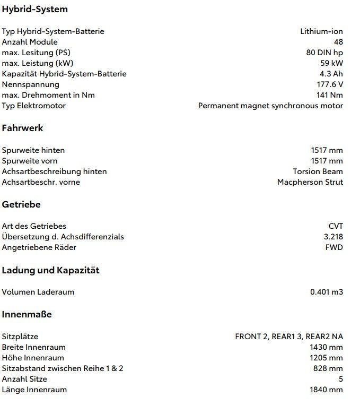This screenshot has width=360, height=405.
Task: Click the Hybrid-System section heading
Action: pyautogui.click(x=34, y=9)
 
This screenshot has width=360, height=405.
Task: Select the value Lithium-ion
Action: pyautogui.click(x=321, y=31)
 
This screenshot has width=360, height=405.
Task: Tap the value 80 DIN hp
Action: pyautogui.click(x=321, y=53)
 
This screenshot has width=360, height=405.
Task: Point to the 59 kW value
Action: pyautogui.click(x=331, y=63)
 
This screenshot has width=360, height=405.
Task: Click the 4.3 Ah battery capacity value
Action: pyautogui.click(x=331, y=74)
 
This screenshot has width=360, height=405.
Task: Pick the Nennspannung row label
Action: pyautogui.click(x=30, y=84)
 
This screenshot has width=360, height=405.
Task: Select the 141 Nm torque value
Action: pyautogui.click(x=329, y=95)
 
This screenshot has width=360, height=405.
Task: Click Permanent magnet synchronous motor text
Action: pyautogui.click(x=270, y=106)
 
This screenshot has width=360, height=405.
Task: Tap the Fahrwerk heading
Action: pyautogui.click(x=22, y=128)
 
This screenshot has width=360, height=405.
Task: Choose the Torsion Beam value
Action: pyautogui.click(x=318, y=171)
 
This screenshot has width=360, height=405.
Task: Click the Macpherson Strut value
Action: pyautogui.click(x=310, y=182)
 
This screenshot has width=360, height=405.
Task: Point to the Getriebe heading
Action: pyautogui.click(x=21, y=204)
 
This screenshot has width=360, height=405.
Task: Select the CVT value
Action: pyautogui.click(x=335, y=226)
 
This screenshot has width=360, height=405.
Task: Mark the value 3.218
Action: pyautogui.click(x=333, y=237)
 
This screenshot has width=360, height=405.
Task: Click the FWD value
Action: pyautogui.click(x=334, y=247)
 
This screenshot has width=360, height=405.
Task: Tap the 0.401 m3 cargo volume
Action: pyautogui.click(x=326, y=292)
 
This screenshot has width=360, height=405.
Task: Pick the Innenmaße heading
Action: pyautogui.click(x=27, y=314)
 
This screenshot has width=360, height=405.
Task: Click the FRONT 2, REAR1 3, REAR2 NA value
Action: pyautogui.click(x=288, y=337)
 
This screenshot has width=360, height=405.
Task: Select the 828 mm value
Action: pyautogui.click(x=328, y=368)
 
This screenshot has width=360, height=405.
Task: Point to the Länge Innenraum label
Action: pyautogui.click(x=34, y=390)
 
